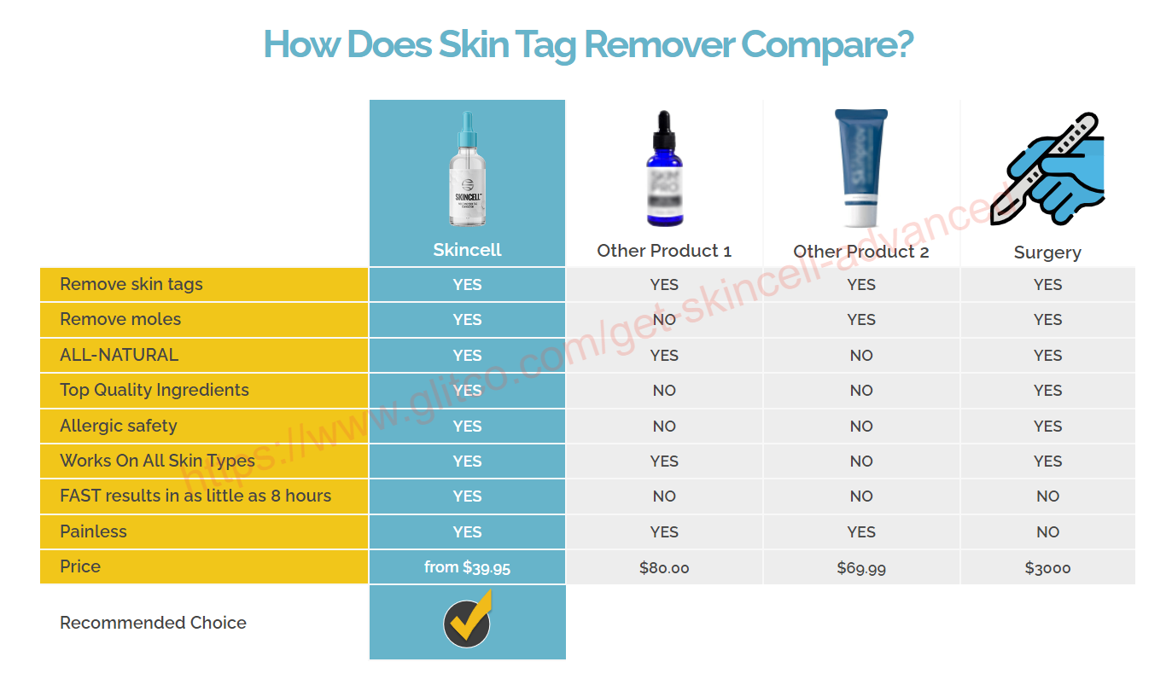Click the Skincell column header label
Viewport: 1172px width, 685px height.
[x=467, y=250]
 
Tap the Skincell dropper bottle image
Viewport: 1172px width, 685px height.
[x=467, y=169]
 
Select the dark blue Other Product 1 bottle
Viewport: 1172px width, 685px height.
[x=664, y=168]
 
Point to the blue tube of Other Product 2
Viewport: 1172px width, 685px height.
[x=860, y=168]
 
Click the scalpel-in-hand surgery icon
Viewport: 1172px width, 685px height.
[x=1047, y=169]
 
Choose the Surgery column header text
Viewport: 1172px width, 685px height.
[x=1047, y=253]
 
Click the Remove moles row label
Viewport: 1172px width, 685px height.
[x=120, y=319]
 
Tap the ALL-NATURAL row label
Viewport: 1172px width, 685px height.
[x=120, y=355]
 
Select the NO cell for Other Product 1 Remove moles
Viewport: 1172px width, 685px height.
[x=664, y=320]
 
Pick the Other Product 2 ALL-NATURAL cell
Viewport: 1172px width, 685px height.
[x=861, y=356]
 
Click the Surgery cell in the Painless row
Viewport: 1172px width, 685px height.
[x=1047, y=531]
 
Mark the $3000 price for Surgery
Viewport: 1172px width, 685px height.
[x=1047, y=568]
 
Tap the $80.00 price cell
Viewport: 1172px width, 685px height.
[x=664, y=568]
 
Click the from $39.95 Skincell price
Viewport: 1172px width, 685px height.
[x=467, y=567]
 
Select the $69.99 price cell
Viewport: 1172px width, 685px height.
[x=861, y=568]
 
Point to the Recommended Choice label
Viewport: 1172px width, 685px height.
[x=153, y=623]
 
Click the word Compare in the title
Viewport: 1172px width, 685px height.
[x=827, y=45]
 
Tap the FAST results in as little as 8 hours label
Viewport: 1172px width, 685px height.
[x=195, y=496]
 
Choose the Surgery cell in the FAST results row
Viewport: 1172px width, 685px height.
[x=1047, y=496]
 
